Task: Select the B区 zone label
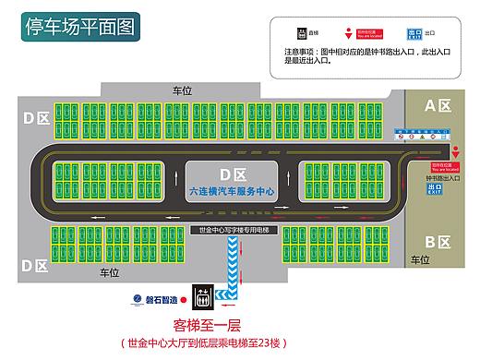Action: pos(435,242)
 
